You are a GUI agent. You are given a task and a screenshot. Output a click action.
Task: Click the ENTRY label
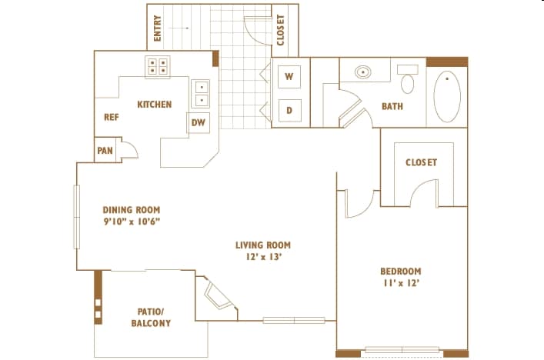[157, 28]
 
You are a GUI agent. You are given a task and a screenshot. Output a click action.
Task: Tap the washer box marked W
[289, 76]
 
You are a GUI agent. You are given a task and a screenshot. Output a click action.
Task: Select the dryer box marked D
[289, 110]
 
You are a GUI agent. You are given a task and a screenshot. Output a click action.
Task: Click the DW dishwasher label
[199, 122]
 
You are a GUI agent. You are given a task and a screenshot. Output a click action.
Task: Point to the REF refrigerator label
[112, 117]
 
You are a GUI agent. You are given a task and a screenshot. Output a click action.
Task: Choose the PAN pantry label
[105, 151]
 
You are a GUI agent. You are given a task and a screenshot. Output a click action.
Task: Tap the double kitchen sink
[201, 94]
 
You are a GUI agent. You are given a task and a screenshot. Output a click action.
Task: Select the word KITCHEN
[155, 105]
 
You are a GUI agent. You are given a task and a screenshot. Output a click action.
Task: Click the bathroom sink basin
[363, 72]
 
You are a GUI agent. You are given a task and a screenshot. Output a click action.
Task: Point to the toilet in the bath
[407, 78]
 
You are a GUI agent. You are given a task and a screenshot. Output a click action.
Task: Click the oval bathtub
[447, 96]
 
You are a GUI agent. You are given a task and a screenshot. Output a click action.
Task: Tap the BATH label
[392, 106]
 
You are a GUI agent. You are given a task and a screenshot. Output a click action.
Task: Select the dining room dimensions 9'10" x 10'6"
[132, 222]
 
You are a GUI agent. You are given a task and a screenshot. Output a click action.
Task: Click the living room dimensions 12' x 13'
[263, 257]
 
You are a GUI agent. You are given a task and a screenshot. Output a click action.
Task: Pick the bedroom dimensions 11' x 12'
[402, 283]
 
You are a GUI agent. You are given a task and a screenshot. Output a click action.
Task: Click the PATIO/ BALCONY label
[151, 318]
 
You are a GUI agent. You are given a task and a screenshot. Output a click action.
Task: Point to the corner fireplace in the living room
[216, 295]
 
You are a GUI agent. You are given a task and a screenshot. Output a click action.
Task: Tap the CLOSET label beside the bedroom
[421, 162]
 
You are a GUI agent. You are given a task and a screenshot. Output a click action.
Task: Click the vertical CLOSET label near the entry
[281, 30]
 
